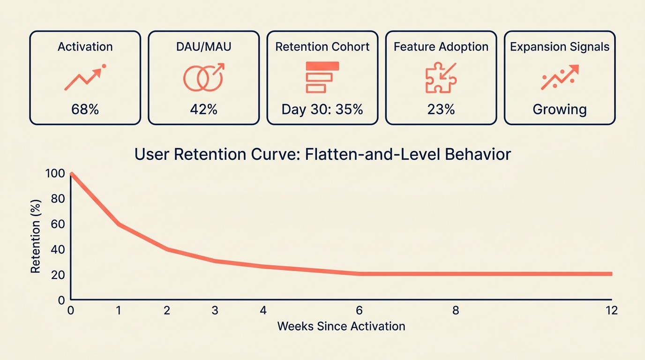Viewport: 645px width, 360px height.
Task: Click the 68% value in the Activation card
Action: (85, 110)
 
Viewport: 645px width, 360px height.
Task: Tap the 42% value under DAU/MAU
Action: (203, 110)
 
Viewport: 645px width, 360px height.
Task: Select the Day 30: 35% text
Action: (322, 110)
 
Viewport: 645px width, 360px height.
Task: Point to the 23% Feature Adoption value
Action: (441, 110)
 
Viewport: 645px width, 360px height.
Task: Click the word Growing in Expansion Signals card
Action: (559, 110)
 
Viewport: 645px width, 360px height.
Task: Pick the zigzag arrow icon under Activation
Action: (85, 77)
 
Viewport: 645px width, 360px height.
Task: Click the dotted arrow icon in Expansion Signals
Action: (559, 77)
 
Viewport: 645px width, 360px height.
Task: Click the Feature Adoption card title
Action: (441, 47)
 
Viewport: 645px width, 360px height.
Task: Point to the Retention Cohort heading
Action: (322, 47)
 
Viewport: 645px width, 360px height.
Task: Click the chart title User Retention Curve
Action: (322, 154)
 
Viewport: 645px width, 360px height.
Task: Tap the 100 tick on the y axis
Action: (55, 173)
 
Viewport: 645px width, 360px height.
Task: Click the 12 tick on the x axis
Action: (611, 310)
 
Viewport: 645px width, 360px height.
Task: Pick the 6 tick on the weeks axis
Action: (359, 310)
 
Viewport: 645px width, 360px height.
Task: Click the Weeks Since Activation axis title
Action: (341, 326)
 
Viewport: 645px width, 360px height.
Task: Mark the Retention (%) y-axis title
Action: (36, 237)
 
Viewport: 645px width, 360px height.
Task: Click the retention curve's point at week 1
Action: (119, 225)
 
